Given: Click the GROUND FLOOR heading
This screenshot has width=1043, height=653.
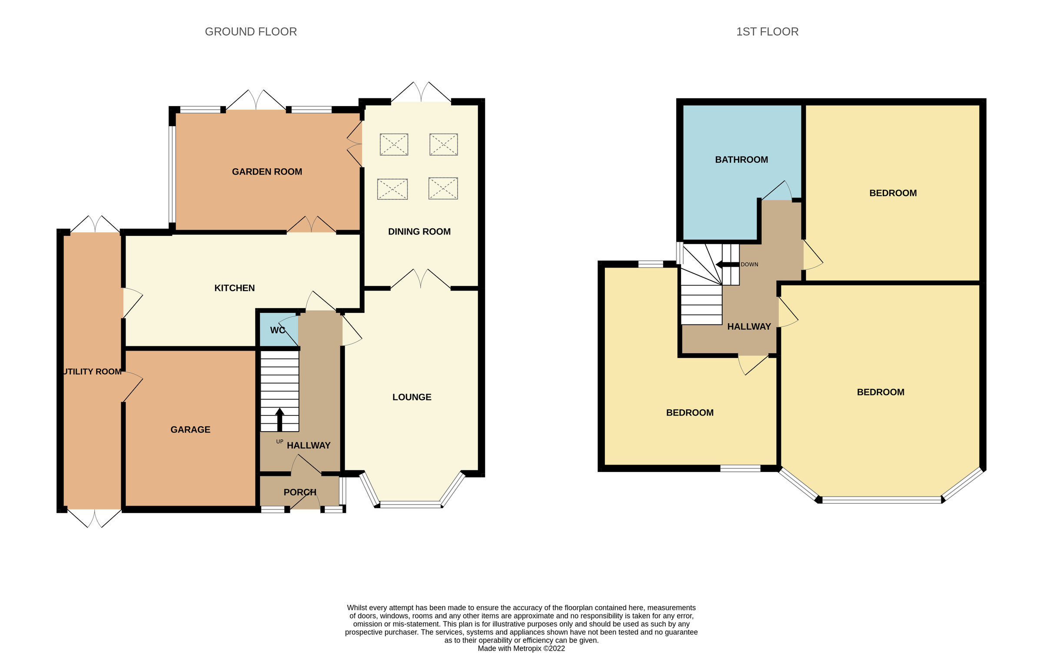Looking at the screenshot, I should click(251, 32).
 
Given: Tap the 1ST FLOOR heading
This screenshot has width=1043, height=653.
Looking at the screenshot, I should click(767, 32).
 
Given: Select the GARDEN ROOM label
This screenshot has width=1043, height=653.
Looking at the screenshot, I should click(267, 172).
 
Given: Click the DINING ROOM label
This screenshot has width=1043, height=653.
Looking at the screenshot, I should click(419, 232).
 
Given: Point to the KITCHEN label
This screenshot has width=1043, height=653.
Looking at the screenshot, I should click(234, 288).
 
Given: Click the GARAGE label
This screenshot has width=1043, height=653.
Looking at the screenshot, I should click(190, 430).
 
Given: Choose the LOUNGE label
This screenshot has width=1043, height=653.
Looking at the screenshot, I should click(412, 397).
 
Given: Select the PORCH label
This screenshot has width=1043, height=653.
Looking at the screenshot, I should click(300, 492).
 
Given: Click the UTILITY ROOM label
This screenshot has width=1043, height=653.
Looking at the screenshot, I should click(92, 372).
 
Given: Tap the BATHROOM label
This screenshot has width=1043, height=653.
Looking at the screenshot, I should click(741, 160).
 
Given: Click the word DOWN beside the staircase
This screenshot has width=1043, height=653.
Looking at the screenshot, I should click(749, 265).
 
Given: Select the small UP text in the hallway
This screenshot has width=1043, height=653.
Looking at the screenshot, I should click(279, 442).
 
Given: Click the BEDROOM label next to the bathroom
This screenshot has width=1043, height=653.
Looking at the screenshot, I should click(893, 193).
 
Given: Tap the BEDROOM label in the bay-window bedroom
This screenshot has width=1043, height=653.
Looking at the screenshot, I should click(880, 392).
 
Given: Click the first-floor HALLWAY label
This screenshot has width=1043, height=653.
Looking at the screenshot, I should click(749, 327).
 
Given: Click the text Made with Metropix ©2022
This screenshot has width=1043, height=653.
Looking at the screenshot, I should click(521, 648).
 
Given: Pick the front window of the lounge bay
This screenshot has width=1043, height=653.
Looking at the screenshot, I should click(410, 505).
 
